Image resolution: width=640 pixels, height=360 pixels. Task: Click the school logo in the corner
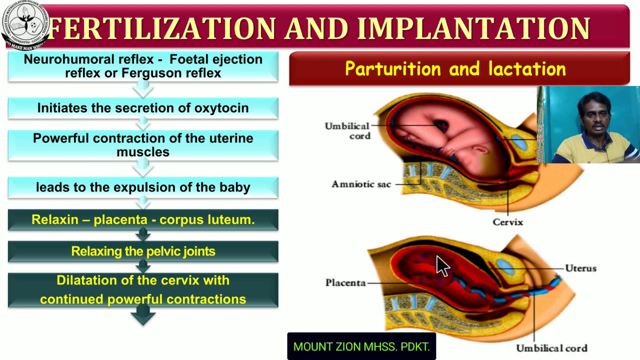tap(24, 25)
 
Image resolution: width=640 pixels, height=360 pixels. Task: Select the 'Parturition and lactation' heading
tap(455, 69)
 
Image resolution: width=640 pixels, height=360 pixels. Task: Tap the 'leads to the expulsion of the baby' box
tap(143, 187)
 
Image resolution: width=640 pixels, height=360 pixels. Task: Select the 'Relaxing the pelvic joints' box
tap(143, 251)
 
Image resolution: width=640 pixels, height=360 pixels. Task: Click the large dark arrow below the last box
tap(143, 315)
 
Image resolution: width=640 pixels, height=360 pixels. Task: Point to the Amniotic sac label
tap(361, 184)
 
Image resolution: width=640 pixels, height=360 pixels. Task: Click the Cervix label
tap(507, 222)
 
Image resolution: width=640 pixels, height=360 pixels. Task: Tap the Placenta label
tap(345, 282)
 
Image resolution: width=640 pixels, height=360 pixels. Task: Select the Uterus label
tap(580, 268)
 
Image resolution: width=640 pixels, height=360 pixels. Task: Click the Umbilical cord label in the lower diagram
tap(551, 348)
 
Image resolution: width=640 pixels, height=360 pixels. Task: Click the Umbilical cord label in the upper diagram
tap(347, 131)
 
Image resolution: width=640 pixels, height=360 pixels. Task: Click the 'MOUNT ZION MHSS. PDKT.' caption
tap(361, 346)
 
